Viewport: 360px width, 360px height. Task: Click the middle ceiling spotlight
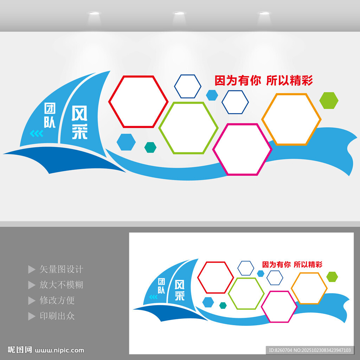(179, 13)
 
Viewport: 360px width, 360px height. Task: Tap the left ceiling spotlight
(94, 13)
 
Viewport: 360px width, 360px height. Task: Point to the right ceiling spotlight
(264, 13)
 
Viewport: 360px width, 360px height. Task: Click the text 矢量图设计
(61, 269)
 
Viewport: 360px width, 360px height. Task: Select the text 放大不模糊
(61, 285)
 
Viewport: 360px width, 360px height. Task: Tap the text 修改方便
(57, 300)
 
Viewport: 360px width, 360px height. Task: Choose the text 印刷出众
(57, 316)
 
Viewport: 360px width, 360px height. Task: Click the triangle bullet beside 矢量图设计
(31, 269)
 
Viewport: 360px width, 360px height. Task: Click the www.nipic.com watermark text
(59, 351)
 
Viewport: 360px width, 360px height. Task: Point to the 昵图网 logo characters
(20, 350)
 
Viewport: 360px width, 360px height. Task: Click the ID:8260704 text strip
(310, 350)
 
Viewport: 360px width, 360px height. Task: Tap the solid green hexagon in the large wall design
(329, 101)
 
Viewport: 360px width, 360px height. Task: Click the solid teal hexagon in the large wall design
(150, 147)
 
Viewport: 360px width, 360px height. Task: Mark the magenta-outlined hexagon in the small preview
(261, 307)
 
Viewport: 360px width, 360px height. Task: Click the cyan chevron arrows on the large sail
(37, 133)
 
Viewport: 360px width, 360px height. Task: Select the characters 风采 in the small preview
(180, 290)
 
